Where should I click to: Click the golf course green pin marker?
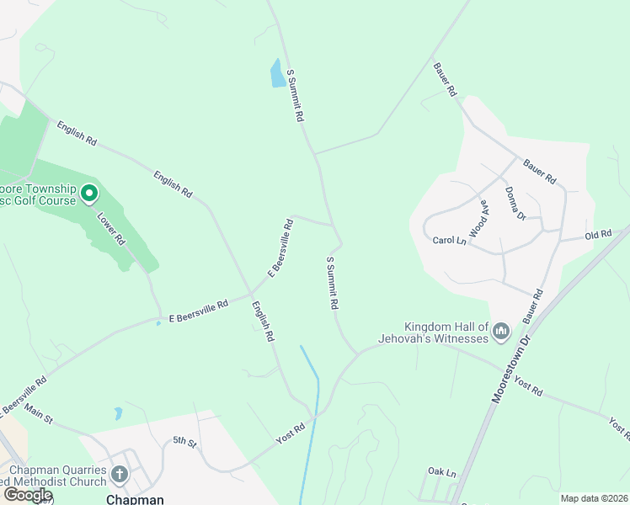(x=89, y=195)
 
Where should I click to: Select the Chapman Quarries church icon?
(x=119, y=476)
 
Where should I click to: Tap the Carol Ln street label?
(x=449, y=241)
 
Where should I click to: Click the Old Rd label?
(x=598, y=235)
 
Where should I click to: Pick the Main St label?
(x=39, y=414)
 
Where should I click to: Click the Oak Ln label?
(x=441, y=472)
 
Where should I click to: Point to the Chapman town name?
(x=134, y=498)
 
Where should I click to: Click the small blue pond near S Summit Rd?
(x=277, y=74)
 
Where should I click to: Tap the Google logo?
(x=28, y=495)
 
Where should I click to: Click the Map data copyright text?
(x=594, y=498)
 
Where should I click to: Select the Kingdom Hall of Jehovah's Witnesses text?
(x=446, y=332)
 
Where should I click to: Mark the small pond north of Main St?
(x=118, y=413)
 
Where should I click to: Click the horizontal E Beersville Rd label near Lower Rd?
(x=199, y=311)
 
